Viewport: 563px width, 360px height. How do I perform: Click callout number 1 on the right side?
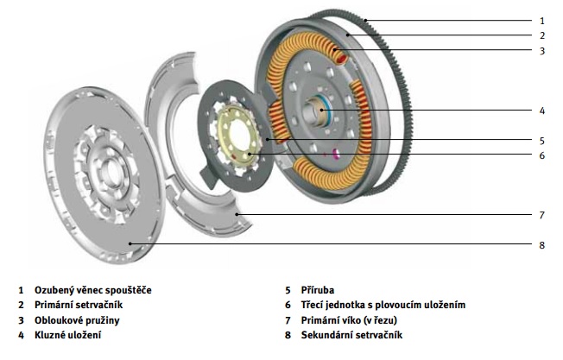(541, 20)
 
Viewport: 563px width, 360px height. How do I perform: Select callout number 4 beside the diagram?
(541, 111)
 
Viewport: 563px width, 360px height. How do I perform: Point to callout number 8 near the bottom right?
(541, 245)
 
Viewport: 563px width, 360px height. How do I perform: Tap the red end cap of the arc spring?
(342, 58)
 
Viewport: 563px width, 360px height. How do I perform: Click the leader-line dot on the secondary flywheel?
(130, 244)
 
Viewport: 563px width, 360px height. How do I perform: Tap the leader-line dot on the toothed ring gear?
(365, 20)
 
